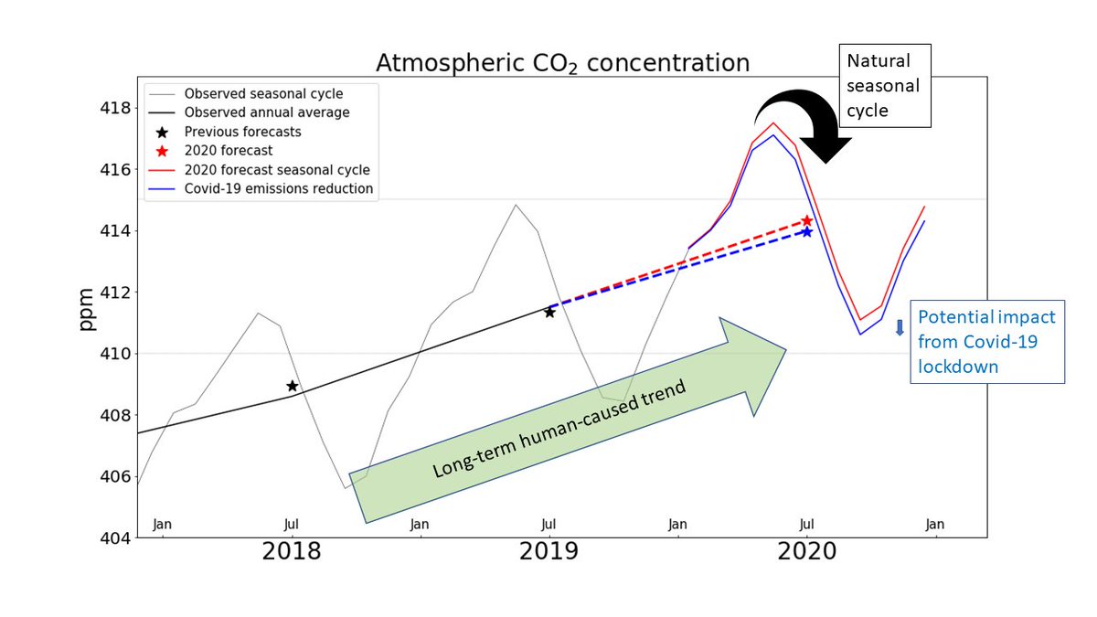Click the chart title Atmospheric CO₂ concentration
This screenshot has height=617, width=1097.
[563, 63]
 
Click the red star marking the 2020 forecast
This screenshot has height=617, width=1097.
[807, 221]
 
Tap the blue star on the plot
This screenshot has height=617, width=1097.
[806, 232]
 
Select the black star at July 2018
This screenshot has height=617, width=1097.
[293, 386]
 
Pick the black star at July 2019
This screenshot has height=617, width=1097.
[549, 312]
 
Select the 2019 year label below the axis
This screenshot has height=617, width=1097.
[548, 552]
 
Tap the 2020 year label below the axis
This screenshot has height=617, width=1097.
[807, 552]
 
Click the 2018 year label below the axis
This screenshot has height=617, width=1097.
[291, 552]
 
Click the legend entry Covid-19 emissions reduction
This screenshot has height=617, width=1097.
[278, 189]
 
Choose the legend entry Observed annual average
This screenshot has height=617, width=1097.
[266, 112]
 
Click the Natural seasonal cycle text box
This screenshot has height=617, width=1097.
[884, 85]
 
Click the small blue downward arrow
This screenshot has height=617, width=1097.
[900, 326]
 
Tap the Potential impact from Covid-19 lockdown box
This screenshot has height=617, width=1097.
[986, 342]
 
